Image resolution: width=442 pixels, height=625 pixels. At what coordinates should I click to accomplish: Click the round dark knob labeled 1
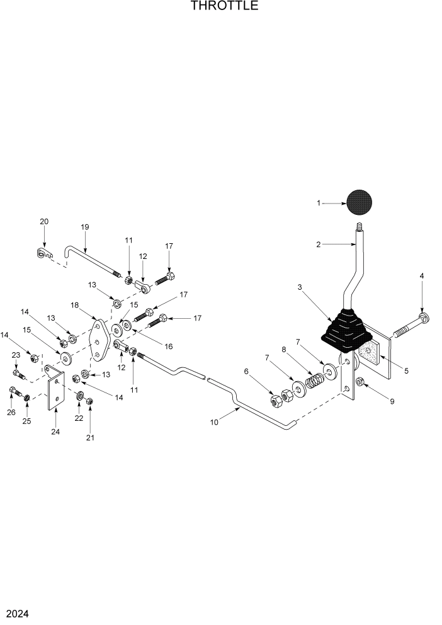coord(359,202)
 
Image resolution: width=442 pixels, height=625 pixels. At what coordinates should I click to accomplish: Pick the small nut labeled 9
coord(361,382)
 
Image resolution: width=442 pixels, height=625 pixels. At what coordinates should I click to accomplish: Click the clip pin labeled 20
coord(43,253)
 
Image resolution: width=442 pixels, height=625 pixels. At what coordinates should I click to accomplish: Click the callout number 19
coord(85,227)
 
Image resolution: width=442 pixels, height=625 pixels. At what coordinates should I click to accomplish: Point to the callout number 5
coord(406,371)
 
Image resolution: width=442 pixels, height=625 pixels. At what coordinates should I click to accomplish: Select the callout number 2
coord(319,244)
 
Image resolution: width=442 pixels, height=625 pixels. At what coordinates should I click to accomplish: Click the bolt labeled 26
coord(12,393)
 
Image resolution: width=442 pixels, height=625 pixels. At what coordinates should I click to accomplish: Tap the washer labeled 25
coord(26,398)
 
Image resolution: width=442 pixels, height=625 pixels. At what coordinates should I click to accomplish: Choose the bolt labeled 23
coord(20,375)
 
